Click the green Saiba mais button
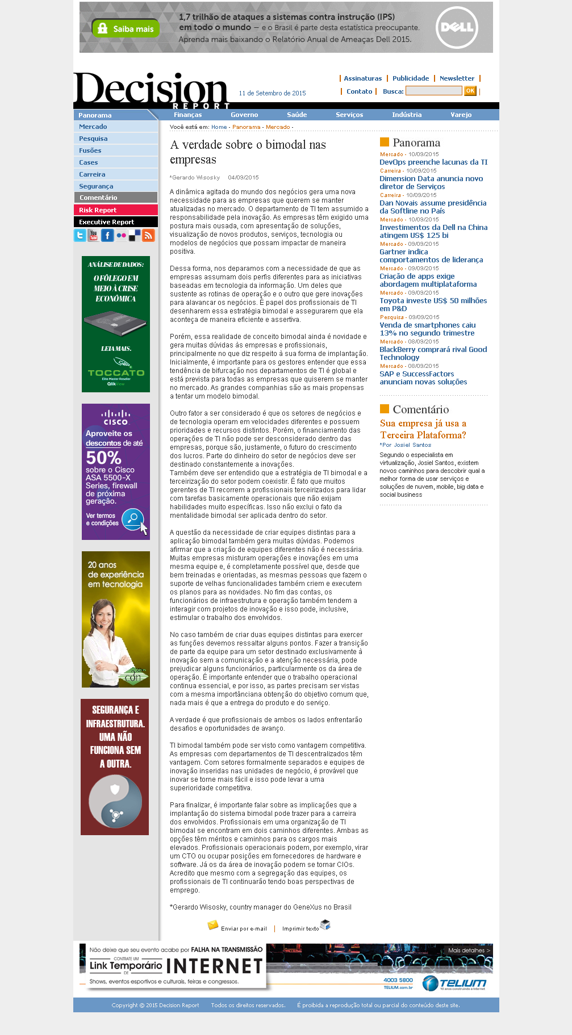pos(126,28)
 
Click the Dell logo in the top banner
pos(457,27)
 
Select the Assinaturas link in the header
pos(362,78)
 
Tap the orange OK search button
pos(470,91)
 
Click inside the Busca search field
pos(433,91)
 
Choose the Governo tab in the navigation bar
pos(244,115)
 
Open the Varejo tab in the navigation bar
pos(461,115)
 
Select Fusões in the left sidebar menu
pos(90,150)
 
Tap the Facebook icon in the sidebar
pos(107,236)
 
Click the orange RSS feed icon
pos(148,236)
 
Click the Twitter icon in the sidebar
pos(80,236)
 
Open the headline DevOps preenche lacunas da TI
pos(433,162)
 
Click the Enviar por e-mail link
pos(243,929)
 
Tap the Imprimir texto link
pos(300,929)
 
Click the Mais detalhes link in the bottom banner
pos(469,950)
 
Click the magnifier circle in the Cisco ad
pos(133,518)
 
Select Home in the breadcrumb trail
pos(219,127)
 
